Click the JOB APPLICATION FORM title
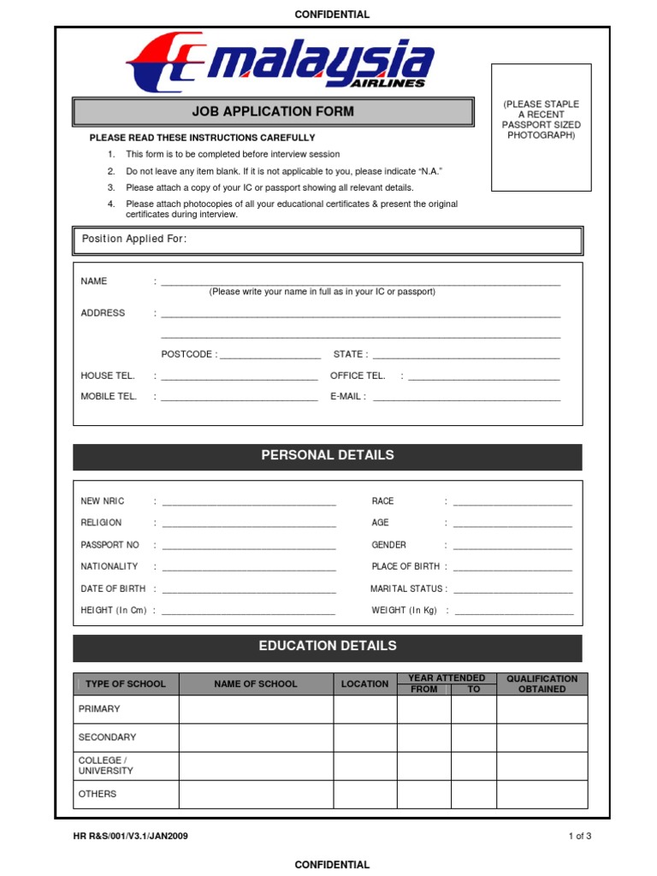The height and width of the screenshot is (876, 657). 273,111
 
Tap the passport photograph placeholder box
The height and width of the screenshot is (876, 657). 541,127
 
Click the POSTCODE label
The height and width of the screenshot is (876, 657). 188,354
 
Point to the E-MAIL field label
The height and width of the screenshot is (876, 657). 347,397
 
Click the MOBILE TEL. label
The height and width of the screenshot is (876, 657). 109,397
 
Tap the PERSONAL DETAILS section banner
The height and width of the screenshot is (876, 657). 327,456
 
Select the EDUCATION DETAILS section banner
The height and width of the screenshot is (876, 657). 327,647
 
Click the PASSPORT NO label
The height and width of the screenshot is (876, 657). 109,545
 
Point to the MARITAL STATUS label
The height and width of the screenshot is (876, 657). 407,589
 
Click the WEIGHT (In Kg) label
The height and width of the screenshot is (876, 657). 404,611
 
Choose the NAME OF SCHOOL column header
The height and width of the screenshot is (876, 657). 256,684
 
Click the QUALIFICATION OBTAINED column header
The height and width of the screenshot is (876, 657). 542,684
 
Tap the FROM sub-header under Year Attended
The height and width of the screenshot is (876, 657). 423,690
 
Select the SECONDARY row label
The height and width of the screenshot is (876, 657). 107,737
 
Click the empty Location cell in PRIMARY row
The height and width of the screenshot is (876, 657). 365,710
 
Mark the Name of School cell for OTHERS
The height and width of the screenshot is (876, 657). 256,795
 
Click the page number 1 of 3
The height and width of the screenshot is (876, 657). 579,837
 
